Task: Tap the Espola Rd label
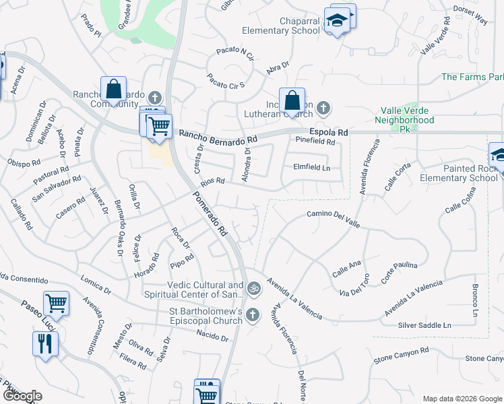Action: click(328, 133)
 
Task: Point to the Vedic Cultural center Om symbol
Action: click(253, 289)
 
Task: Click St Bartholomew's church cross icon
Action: click(253, 314)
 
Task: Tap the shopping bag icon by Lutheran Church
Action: click(292, 101)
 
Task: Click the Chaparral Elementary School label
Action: click(281, 26)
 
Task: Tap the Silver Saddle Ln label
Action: click(424, 325)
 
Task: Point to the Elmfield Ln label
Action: click(311, 167)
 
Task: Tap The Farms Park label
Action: click(472, 77)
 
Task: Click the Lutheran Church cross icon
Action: click(323, 107)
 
